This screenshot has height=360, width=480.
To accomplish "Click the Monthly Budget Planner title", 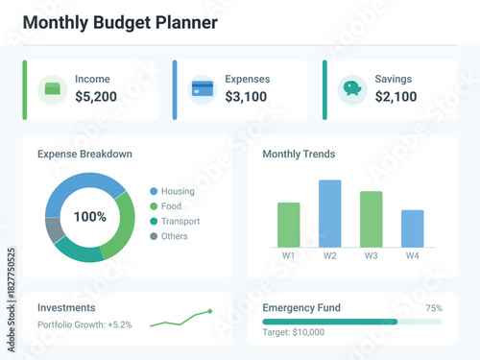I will [x=120, y=22].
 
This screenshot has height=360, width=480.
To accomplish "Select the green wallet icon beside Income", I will [x=51, y=89].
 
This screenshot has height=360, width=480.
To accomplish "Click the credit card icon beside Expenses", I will [x=203, y=89].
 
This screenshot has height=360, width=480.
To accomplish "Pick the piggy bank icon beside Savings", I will [x=352, y=89].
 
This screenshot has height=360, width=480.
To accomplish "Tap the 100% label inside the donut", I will [x=90, y=217].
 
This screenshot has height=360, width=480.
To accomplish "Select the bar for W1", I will [x=289, y=225].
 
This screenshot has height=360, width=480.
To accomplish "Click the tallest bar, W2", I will [x=329, y=213].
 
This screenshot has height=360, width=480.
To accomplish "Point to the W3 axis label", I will [x=371, y=256].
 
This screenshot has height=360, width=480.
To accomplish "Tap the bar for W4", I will [x=412, y=228].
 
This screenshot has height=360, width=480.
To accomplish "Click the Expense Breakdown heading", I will [x=84, y=154].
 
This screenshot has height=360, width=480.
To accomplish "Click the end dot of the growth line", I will [x=209, y=311].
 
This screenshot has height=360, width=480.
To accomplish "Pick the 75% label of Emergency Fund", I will [x=434, y=308].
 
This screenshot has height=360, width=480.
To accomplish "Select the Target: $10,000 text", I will [x=293, y=333].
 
